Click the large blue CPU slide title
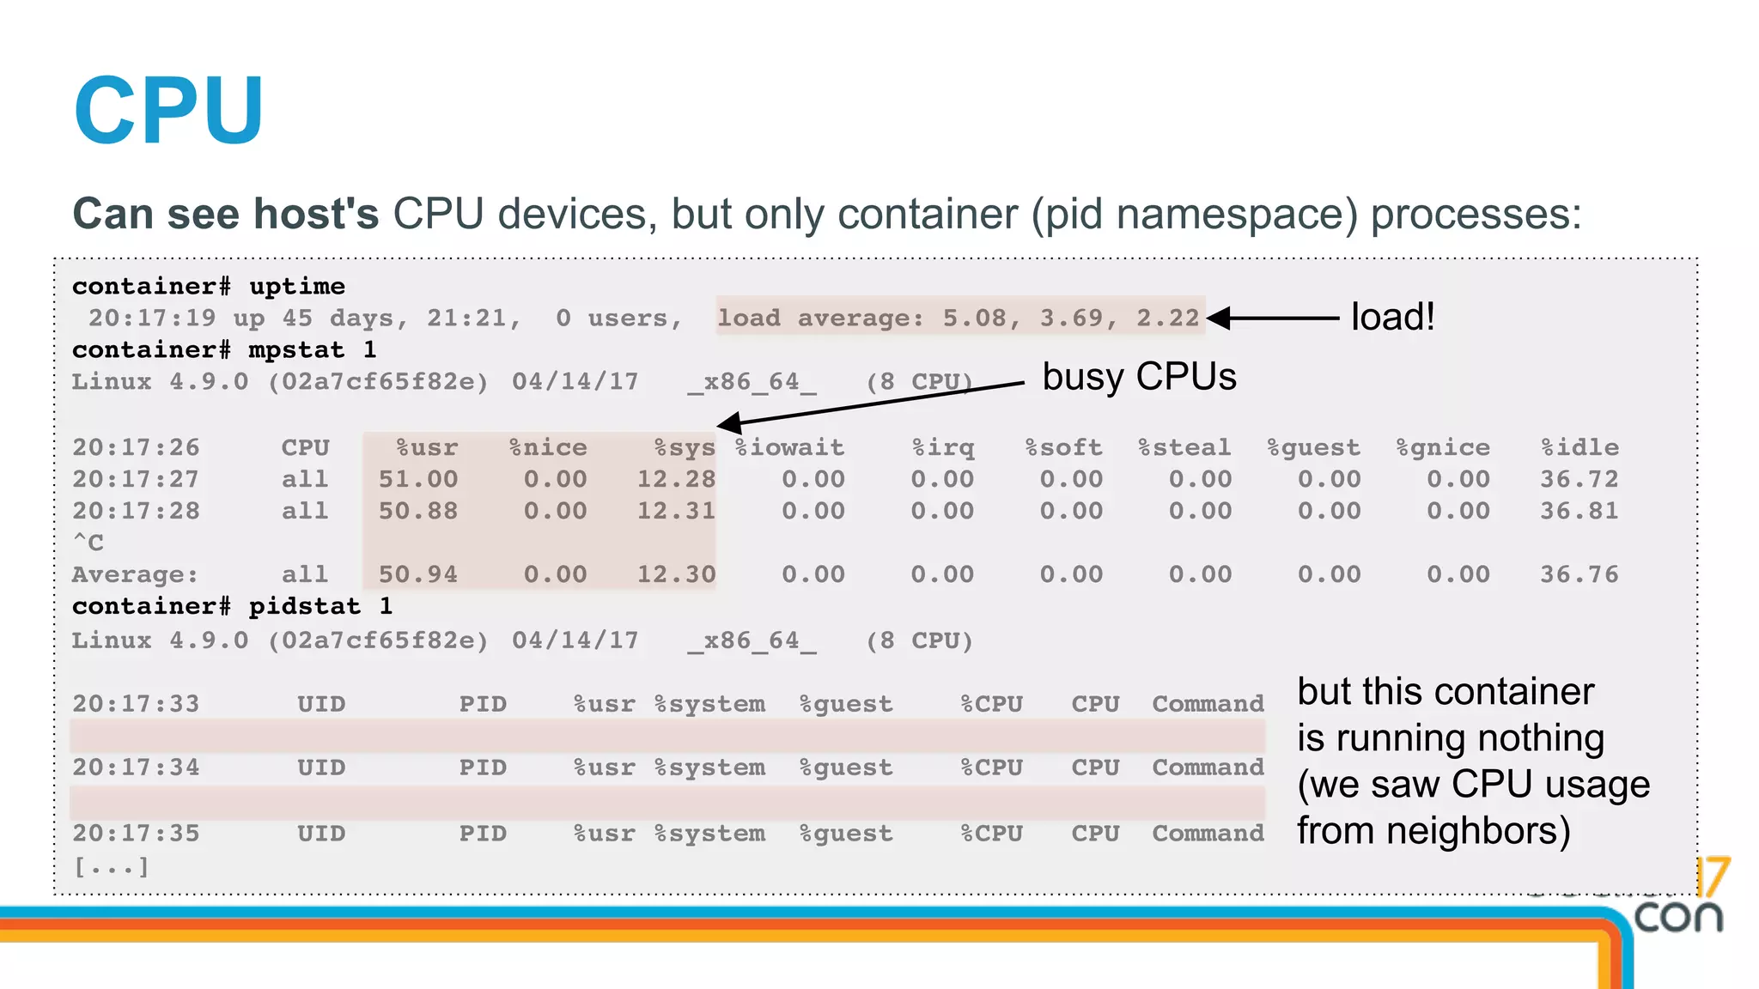click(x=168, y=111)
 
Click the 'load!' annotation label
click(x=1392, y=317)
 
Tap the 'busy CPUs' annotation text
click(x=1139, y=376)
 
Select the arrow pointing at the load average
click(x=1275, y=318)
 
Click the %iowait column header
click(x=790, y=447)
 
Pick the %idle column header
click(x=1579, y=447)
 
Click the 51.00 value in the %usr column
click(x=418, y=479)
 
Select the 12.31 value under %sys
click(x=676, y=511)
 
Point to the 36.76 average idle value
click(x=1579, y=574)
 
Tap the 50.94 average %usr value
click(x=418, y=574)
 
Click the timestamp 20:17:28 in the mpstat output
click(x=136, y=511)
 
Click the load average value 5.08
click(x=974, y=319)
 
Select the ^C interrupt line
click(x=88, y=543)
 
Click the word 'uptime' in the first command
click(x=297, y=286)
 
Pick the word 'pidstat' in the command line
click(x=305, y=606)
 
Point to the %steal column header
click(x=1184, y=447)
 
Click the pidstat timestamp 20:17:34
click(x=136, y=768)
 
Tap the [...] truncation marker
click(x=111, y=867)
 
